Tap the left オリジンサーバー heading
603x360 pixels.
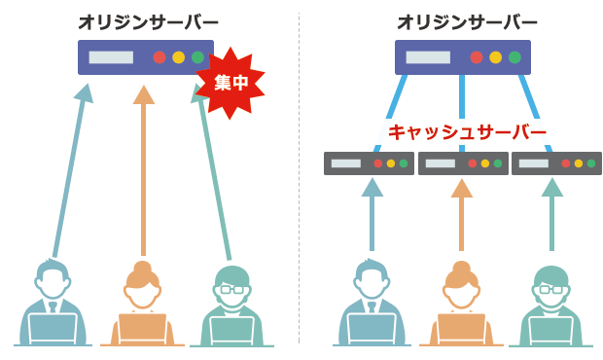148,20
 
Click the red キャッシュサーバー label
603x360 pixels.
467,131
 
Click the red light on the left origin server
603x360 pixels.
160,57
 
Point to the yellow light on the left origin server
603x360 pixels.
178,57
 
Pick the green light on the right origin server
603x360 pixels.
514,57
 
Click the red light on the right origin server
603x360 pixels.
477,57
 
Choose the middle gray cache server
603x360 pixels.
463,163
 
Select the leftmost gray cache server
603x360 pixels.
369,163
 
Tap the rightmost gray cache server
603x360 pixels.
556,163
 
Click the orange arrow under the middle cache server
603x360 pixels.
462,214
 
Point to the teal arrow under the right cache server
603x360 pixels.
551,214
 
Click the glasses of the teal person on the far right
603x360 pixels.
551,289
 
